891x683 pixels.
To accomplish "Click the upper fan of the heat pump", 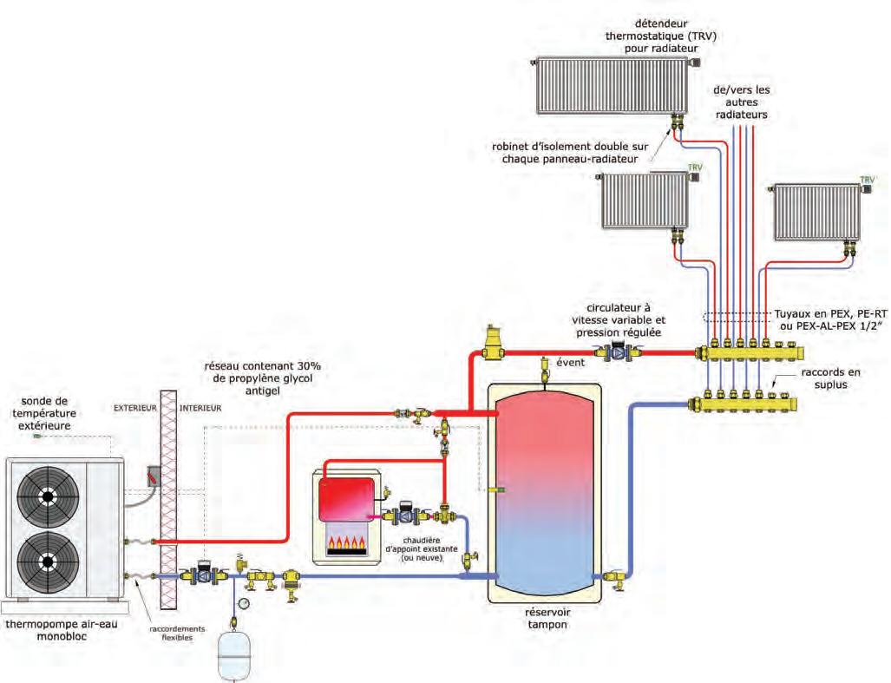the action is (48, 496).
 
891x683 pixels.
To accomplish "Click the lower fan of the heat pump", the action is (48, 562).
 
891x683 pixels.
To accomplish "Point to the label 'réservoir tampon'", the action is (547, 618).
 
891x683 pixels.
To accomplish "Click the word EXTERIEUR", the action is (134, 408).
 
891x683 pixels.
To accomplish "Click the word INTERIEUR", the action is (200, 408).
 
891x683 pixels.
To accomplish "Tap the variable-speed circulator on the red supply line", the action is (619, 351).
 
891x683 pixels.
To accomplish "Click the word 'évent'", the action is (570, 362).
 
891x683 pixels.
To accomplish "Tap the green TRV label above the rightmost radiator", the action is (867, 180).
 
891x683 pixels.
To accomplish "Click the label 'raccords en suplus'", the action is (830, 378).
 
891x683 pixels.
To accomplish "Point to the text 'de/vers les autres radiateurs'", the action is (741, 102).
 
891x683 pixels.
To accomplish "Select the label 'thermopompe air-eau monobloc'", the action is (62, 630).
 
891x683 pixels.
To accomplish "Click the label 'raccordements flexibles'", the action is (177, 634).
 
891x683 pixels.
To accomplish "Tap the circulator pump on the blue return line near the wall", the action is (203, 573).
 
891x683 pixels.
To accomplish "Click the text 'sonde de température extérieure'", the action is (44, 413).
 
